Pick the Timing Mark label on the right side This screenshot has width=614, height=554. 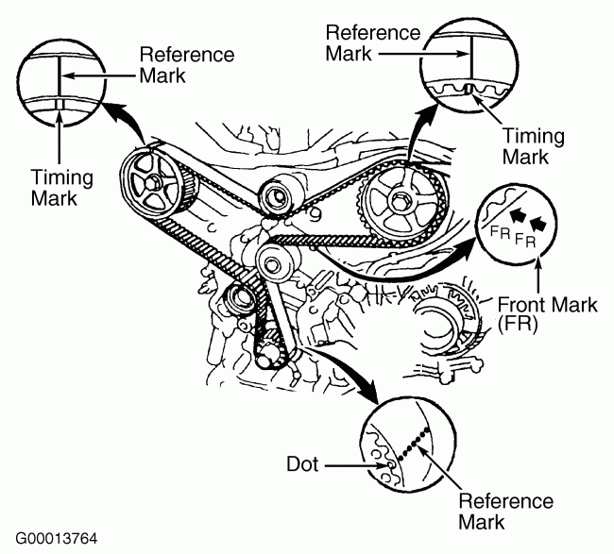point(533,145)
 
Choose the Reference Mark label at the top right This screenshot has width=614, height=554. point(372,42)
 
